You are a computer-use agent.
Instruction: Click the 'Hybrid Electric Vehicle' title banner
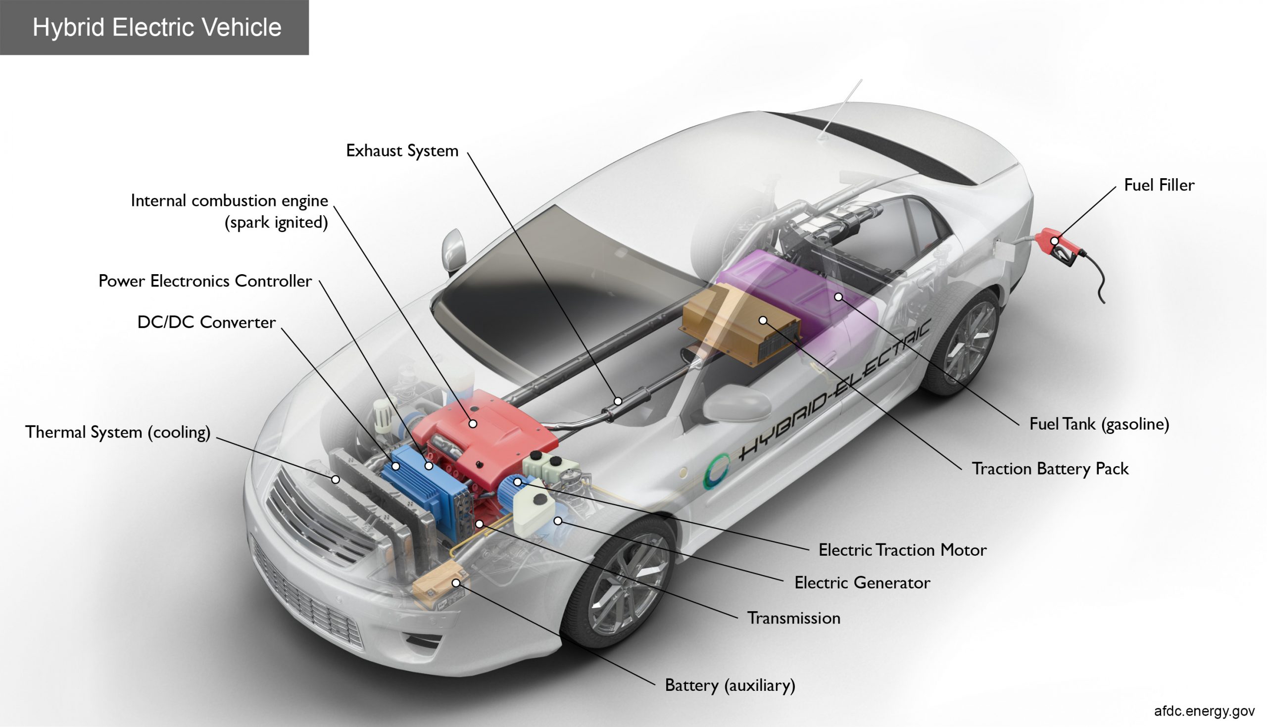pyautogui.click(x=155, y=27)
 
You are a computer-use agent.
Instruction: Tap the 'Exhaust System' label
pyautogui.click(x=402, y=151)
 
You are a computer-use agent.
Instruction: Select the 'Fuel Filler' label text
pyautogui.click(x=1159, y=185)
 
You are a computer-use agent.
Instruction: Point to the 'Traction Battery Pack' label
pyautogui.click(x=1049, y=469)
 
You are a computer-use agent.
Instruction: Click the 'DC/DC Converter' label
pyautogui.click(x=206, y=323)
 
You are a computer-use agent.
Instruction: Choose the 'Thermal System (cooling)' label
pyautogui.click(x=118, y=433)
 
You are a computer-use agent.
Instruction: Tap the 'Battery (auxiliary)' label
pyautogui.click(x=730, y=685)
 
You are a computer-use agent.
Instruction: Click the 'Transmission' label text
pyautogui.click(x=793, y=618)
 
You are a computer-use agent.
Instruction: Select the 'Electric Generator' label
pyautogui.click(x=862, y=582)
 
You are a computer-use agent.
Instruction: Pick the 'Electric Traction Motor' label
pyautogui.click(x=902, y=550)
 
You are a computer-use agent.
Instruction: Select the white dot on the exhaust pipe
pyautogui.click(x=618, y=401)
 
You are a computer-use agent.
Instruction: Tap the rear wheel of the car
pyautogui.click(x=964, y=344)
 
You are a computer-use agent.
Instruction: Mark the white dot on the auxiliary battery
pyautogui.click(x=456, y=582)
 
